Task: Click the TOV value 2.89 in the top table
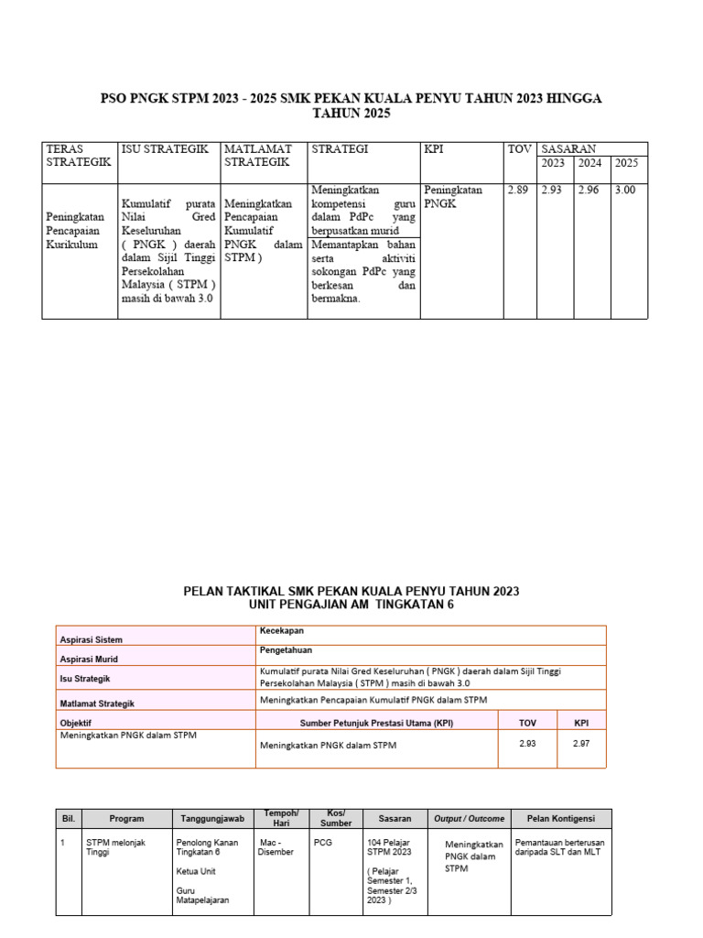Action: coord(517,190)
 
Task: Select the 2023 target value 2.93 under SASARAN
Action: coord(552,190)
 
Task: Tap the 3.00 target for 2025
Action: coord(626,190)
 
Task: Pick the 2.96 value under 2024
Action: coord(589,190)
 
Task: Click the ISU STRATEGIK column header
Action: coord(165,148)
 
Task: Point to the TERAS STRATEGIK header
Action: coord(78,155)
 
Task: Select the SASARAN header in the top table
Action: coord(568,148)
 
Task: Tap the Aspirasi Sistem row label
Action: coord(91,639)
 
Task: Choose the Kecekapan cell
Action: coord(282,631)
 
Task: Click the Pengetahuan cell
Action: coord(287,650)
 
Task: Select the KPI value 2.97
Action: coord(581,743)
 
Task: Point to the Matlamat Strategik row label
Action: coord(97,703)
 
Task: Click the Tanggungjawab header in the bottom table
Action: coord(210,818)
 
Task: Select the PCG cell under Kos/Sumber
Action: coord(323,842)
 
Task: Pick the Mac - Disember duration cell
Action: coord(276,847)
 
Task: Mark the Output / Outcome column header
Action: coord(469,818)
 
